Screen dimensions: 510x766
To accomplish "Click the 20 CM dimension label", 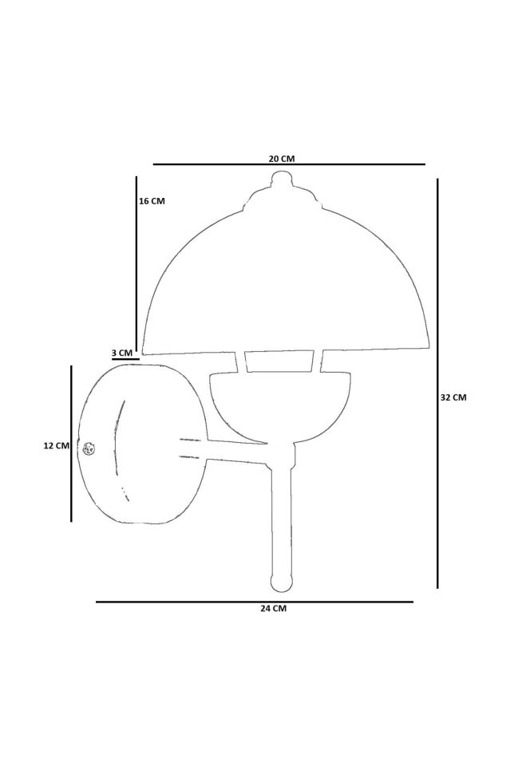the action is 282,158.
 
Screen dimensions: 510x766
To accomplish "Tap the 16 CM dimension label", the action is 152,201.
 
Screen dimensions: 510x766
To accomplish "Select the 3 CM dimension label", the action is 122,353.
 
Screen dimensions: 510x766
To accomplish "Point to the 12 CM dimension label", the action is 57,445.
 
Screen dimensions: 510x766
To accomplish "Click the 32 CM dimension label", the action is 453,397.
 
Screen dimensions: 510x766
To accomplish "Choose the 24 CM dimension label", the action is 274,608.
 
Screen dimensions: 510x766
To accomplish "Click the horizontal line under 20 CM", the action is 289,164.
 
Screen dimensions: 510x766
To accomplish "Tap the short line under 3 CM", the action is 125,359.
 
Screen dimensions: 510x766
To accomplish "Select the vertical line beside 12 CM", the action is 71,444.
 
